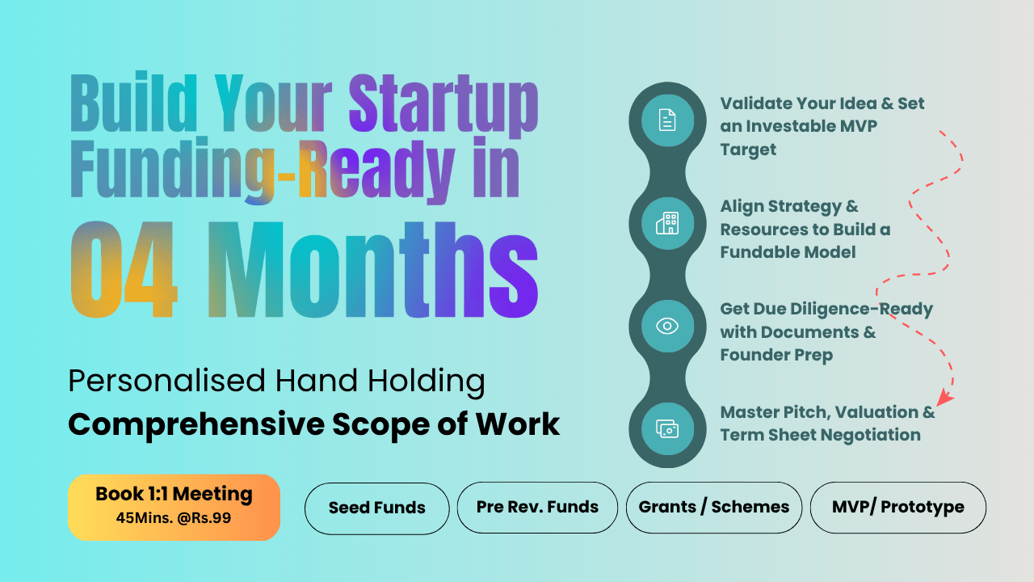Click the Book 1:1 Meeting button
174,507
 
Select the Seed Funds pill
376,508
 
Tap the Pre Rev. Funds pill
537,507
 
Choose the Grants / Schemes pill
713,507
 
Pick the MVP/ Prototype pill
897,507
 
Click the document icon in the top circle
667,120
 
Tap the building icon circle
667,223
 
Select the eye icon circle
667,326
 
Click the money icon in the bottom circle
667,428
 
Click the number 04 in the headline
124,270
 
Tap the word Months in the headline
373,270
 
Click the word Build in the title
134,102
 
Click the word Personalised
167,382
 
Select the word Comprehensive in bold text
196,425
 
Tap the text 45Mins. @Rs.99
174,518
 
